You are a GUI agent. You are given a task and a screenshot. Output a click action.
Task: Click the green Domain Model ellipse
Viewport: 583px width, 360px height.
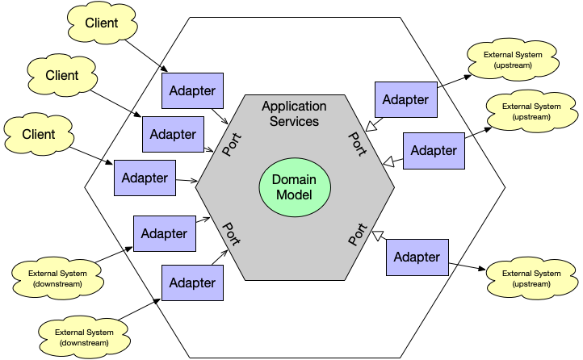click(x=295, y=187)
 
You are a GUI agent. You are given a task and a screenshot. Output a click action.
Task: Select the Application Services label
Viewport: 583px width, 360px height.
click(x=295, y=114)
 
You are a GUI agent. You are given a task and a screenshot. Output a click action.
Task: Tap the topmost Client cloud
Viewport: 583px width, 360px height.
click(x=101, y=24)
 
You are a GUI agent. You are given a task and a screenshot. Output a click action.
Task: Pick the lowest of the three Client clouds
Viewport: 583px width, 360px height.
click(x=38, y=134)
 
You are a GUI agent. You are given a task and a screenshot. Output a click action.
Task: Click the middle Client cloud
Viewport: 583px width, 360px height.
click(x=61, y=76)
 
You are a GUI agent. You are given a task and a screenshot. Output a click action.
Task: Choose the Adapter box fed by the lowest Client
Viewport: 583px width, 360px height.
click(x=145, y=178)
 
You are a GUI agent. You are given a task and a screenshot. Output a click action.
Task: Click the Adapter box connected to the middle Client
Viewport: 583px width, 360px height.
click(x=173, y=134)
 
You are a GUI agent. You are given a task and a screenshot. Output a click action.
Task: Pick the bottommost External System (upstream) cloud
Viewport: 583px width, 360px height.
click(x=532, y=278)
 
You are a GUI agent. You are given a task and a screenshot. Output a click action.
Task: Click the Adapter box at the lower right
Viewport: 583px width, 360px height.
click(x=417, y=257)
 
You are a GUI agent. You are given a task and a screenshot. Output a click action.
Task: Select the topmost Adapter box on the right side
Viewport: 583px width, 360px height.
click(x=405, y=100)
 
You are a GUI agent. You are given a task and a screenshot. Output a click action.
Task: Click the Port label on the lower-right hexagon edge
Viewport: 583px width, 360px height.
click(x=357, y=233)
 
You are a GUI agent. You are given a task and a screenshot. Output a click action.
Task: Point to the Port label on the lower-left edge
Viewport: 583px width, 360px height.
click(x=232, y=234)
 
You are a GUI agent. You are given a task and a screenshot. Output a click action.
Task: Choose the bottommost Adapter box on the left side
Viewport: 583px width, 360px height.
click(x=193, y=283)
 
